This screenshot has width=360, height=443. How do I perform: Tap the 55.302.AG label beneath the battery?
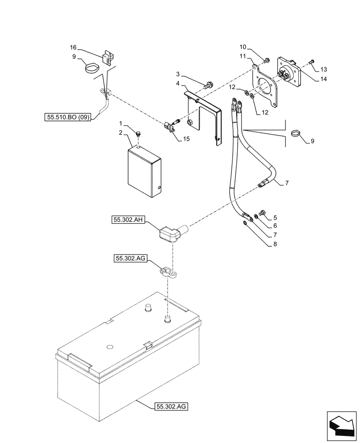pyautogui.click(x=172, y=405)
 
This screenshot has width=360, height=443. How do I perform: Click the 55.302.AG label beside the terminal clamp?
pyautogui.click(x=130, y=258)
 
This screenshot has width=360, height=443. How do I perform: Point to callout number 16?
pyautogui.click(x=74, y=47)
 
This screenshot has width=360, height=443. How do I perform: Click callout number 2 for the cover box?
pyautogui.click(x=121, y=132)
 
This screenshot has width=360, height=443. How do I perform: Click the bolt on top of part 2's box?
pyautogui.click(x=139, y=134)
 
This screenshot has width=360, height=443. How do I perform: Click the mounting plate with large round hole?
pyautogui.click(x=266, y=87)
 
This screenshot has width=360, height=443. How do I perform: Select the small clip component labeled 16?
pyautogui.click(x=108, y=58)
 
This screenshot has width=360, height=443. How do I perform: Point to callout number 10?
pyautogui.click(x=243, y=47)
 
